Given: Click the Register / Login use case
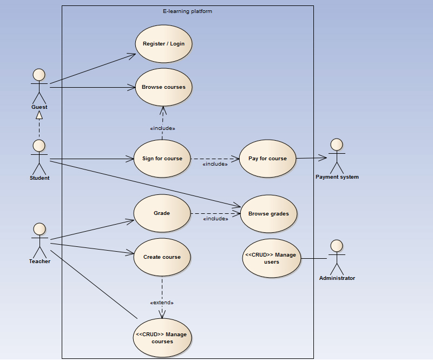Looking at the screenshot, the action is [163, 44].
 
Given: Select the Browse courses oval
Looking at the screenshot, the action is [163, 87].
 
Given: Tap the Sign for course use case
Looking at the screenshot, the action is [162, 159].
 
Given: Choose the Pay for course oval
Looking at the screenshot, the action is [267, 159].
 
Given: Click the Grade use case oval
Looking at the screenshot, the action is [162, 213].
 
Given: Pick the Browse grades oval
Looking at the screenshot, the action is [268, 214].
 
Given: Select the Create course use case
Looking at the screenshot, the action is [162, 257].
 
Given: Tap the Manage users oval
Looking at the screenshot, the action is [272, 258].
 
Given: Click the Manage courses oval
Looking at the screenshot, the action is [162, 338].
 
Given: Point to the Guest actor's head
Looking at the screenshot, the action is [39, 75].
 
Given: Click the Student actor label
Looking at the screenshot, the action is [40, 178].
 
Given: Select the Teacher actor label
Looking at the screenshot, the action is [40, 261].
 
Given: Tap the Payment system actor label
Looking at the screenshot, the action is [337, 177].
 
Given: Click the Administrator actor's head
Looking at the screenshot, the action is [337, 246].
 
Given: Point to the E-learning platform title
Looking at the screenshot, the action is [187, 11].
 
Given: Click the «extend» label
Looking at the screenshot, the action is [162, 303].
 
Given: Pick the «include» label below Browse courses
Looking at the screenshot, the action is [162, 128].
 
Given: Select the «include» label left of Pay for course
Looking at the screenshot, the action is [215, 164].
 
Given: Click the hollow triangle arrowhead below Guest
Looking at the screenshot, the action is [39, 115].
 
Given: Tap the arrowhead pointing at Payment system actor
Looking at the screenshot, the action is [323, 158].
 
